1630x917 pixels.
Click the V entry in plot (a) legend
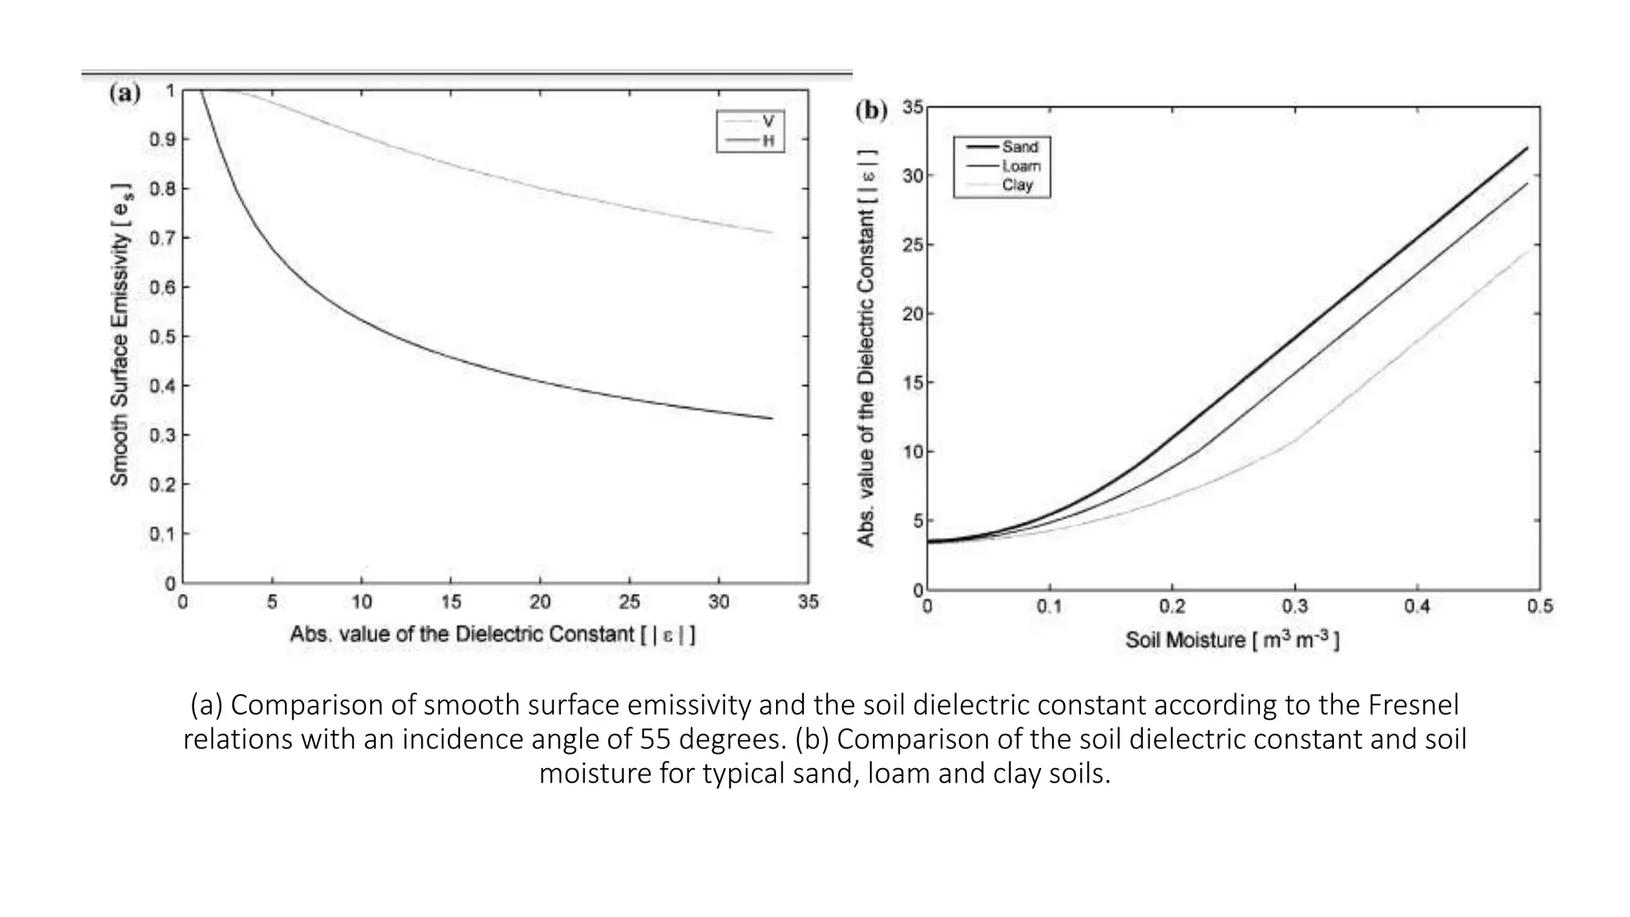coord(767,122)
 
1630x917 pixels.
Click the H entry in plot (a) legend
coord(767,141)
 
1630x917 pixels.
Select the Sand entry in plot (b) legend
coord(1020,147)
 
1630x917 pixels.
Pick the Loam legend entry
coord(1021,166)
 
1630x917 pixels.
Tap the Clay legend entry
coord(1017,185)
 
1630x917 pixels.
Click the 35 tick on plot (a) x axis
coord(808,603)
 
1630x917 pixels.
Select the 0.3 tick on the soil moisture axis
coord(1294,607)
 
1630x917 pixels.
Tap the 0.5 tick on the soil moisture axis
coord(1539,607)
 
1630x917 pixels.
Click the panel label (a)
coord(125,93)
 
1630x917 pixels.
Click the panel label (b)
coord(871,110)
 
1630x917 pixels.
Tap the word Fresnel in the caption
coord(1414,705)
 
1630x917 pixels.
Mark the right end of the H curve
coord(772,419)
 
